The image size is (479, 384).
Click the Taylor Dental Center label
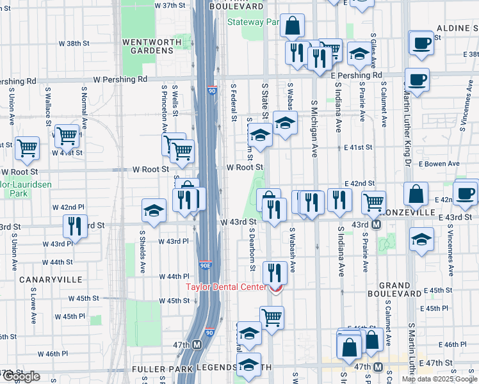coord(225,287)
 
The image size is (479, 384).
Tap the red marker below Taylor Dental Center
coord(276,289)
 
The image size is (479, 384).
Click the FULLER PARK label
coord(158,369)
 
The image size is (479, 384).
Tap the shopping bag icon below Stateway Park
coord(292,26)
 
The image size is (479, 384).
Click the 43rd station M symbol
coord(377,225)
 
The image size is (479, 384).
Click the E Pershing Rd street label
coord(356,75)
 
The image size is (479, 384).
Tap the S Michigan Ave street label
coord(314,128)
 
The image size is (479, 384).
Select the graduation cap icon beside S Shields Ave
coord(154,210)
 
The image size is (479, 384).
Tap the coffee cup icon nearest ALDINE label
coord(421,42)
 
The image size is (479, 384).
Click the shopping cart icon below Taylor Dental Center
coord(272,317)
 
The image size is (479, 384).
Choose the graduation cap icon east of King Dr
coord(420,239)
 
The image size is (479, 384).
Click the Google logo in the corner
coord(21,377)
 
